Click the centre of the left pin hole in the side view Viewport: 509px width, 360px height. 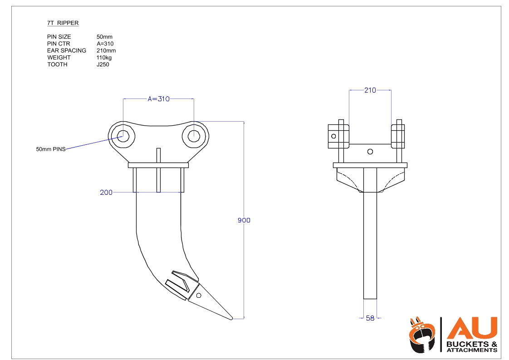123,136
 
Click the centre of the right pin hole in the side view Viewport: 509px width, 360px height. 194,136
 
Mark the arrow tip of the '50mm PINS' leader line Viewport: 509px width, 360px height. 123,137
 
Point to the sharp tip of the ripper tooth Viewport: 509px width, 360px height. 232,319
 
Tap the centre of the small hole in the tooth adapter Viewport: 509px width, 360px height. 199,296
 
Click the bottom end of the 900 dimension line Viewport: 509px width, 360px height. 244,319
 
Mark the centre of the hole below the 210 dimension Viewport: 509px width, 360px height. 370,152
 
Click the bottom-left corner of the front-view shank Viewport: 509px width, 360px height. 363,299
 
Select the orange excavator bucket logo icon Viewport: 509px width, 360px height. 422,335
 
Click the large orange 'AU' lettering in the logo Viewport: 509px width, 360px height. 472,328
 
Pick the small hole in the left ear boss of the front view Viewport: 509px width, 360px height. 333,136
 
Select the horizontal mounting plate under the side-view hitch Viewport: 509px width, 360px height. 158,165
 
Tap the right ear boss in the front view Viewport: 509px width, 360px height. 398,137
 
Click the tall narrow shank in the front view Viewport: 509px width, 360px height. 370,233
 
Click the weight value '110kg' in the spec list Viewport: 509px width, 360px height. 104,58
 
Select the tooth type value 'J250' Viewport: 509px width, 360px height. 103,64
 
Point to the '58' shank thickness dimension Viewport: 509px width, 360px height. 370,318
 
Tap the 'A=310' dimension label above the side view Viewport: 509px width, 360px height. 158,99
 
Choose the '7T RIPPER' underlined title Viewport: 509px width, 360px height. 63,23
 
